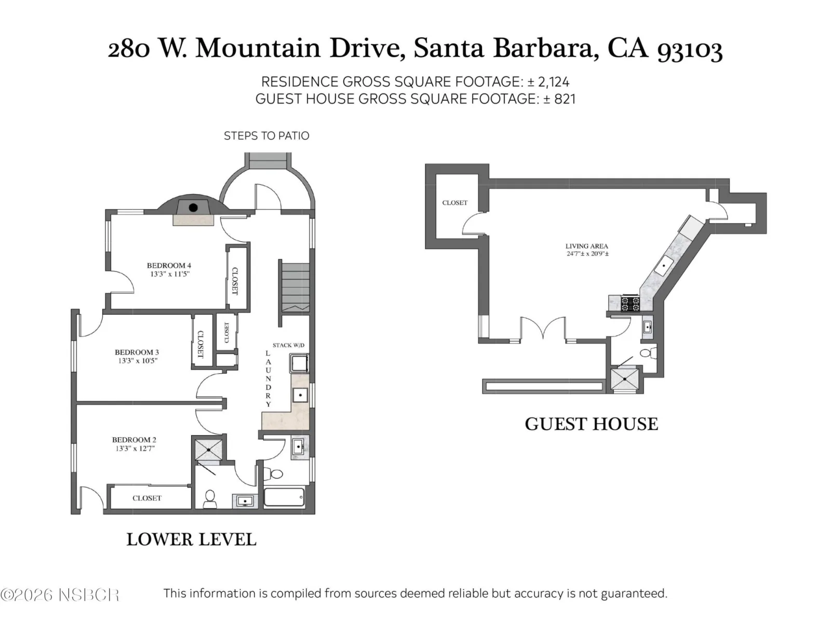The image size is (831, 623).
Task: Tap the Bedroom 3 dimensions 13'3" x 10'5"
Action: (x=138, y=360)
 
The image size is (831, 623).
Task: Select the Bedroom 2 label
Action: (x=134, y=440)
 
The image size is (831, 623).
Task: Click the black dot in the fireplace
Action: (x=193, y=207)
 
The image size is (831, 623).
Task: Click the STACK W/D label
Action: (x=288, y=345)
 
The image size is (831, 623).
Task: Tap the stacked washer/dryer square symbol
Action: (x=299, y=363)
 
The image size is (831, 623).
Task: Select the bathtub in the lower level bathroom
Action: (x=284, y=497)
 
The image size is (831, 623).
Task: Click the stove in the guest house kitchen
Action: (x=630, y=303)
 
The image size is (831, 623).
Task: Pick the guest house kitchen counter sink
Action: (x=664, y=265)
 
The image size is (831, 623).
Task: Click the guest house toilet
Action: (x=648, y=354)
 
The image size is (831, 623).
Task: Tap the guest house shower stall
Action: (x=624, y=378)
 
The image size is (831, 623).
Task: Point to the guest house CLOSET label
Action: (x=454, y=203)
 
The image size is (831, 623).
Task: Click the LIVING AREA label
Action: (x=587, y=246)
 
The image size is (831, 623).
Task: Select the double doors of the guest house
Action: (x=543, y=328)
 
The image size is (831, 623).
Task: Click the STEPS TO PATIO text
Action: (x=266, y=136)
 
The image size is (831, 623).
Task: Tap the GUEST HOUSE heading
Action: (x=592, y=424)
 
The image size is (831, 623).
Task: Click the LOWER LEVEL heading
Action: (x=191, y=539)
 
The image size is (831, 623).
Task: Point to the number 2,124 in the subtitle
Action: (x=554, y=82)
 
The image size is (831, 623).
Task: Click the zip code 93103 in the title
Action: (x=690, y=49)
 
